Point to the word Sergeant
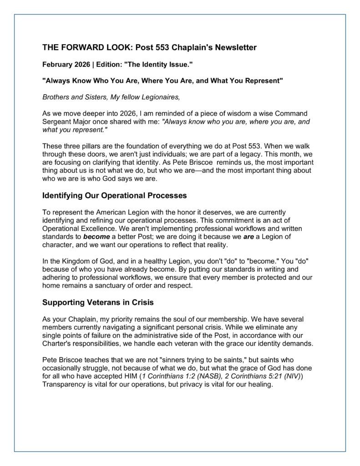point(58,121)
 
